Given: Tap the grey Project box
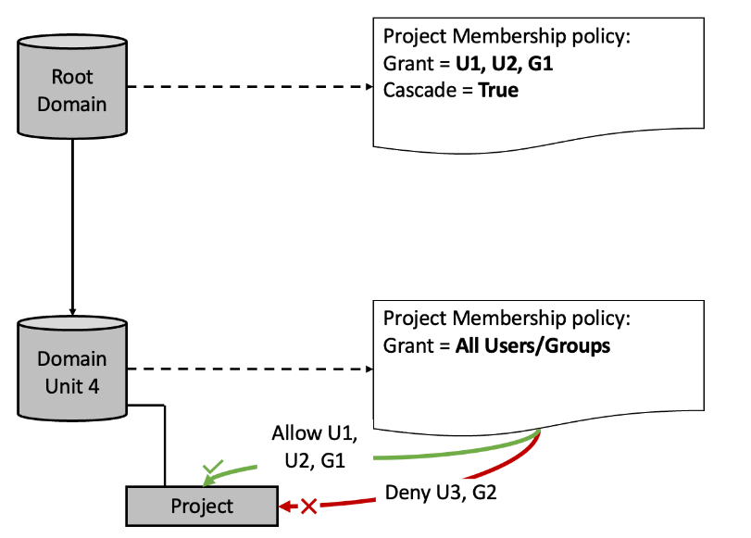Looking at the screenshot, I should [x=202, y=506].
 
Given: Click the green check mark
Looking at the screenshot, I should [x=211, y=469].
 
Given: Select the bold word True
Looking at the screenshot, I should [x=498, y=90].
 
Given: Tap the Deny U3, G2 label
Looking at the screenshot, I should [x=441, y=492].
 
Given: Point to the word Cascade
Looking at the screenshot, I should [x=418, y=90].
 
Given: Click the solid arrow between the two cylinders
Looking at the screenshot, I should [x=72, y=222].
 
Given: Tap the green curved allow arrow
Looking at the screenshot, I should [x=444, y=454].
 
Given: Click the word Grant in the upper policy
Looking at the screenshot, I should [x=406, y=66].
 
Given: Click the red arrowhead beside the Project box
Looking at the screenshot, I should [x=286, y=507].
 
